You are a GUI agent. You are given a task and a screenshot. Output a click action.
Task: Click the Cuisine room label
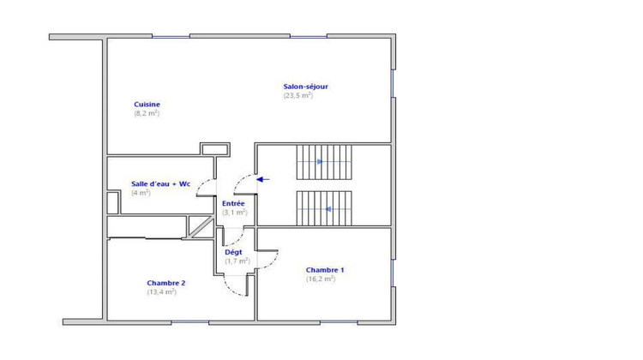click(x=147, y=105)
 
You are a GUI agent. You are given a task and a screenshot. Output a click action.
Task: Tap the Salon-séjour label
click(x=306, y=86)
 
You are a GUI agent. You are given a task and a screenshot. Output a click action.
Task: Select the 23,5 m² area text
click(x=298, y=95)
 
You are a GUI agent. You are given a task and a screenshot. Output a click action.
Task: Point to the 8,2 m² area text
click(x=147, y=113)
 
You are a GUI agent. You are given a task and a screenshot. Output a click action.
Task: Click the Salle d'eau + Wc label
click(x=160, y=183)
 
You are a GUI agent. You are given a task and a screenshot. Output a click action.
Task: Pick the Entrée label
click(x=233, y=203)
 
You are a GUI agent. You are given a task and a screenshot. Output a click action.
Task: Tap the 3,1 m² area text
click(x=234, y=212)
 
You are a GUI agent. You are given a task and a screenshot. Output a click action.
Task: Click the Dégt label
click(x=233, y=252)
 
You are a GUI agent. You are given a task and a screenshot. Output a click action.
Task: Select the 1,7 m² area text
click(x=237, y=261)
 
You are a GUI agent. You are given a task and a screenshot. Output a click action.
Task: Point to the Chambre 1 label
click(x=325, y=270)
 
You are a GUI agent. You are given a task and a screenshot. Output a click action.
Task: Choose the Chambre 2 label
click(x=165, y=283)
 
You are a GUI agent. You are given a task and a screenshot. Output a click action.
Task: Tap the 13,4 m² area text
click(x=161, y=291)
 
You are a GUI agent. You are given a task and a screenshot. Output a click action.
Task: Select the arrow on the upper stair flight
click(x=318, y=161)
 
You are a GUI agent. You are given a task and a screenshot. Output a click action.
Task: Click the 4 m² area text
click(x=141, y=193)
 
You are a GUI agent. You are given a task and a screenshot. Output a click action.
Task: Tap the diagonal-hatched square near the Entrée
click(x=201, y=225)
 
